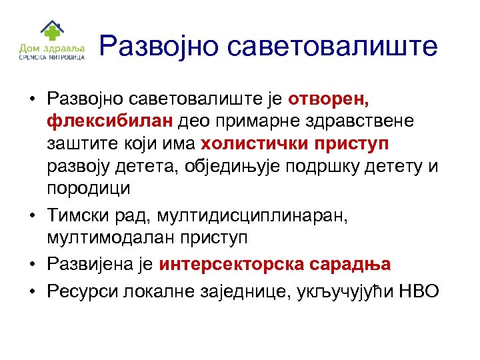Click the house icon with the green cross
[x=49, y=31]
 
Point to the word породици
[x=89, y=187]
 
